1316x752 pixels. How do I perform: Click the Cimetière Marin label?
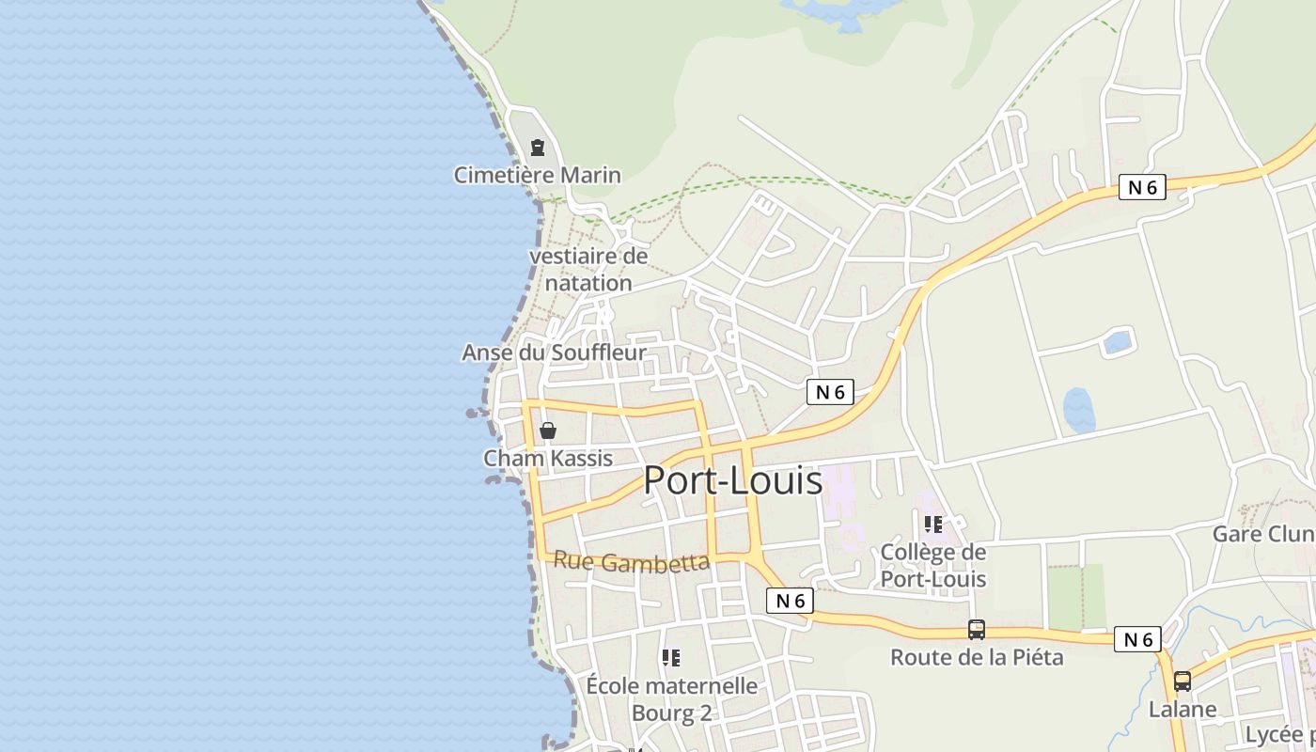tap(537, 175)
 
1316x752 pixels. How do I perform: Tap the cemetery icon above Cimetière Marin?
tap(537, 148)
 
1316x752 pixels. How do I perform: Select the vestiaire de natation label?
tap(588, 269)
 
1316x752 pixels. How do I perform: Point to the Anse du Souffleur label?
tap(554, 352)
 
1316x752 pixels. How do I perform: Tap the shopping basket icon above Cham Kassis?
tap(547, 431)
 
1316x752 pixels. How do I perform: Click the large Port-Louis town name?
tap(732, 480)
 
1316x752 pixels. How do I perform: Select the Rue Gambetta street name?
tap(631, 561)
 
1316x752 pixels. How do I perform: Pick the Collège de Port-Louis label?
tap(932, 565)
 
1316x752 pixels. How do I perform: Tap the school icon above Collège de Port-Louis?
tap(932, 525)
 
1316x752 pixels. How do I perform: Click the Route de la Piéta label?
tap(977, 657)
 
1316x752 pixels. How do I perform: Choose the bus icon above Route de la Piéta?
tap(977, 630)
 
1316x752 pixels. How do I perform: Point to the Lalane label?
tap(1182, 709)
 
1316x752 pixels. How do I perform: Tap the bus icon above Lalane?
tap(1182, 681)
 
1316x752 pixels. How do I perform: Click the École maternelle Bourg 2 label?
tap(671, 699)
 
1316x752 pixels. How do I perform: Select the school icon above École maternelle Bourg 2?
tap(670, 657)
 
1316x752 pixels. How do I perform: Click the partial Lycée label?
tap(1279, 734)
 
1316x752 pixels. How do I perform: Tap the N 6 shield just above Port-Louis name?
tap(830, 392)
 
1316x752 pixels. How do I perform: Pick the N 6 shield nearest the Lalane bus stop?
tap(1137, 639)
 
